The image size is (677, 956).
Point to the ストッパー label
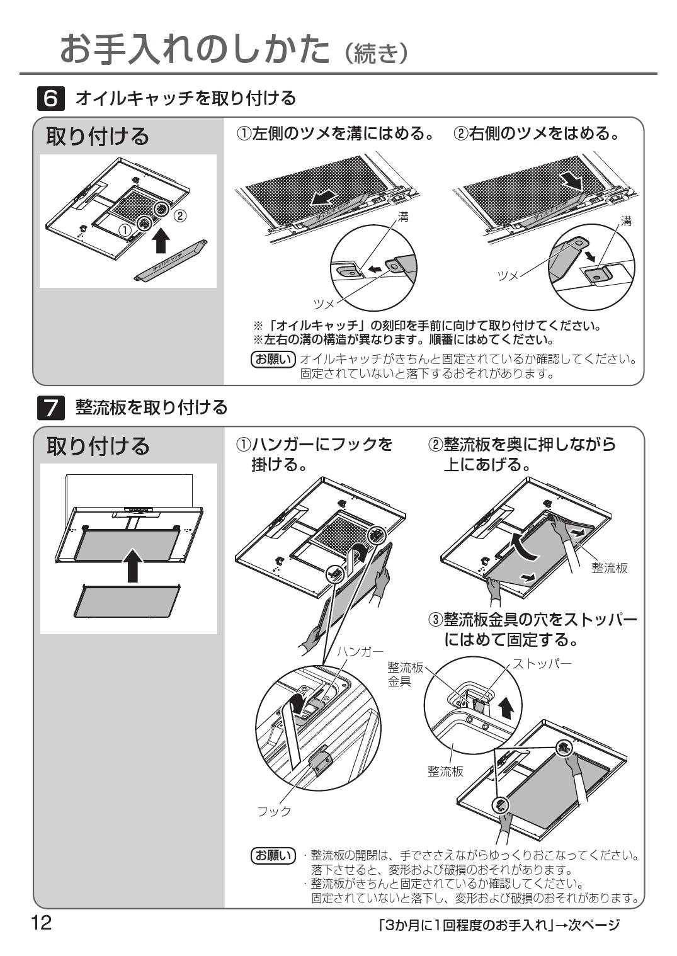pos(542,664)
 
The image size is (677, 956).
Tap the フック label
pos(274,811)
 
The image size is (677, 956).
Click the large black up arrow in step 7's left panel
pos(132,564)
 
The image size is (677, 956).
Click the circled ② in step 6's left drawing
pos(180,216)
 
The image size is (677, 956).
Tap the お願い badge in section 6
pos(273,360)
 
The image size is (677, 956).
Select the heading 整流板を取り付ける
pos(151,408)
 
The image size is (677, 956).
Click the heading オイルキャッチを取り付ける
pos(185,99)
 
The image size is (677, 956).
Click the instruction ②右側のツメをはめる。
pos(537,134)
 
